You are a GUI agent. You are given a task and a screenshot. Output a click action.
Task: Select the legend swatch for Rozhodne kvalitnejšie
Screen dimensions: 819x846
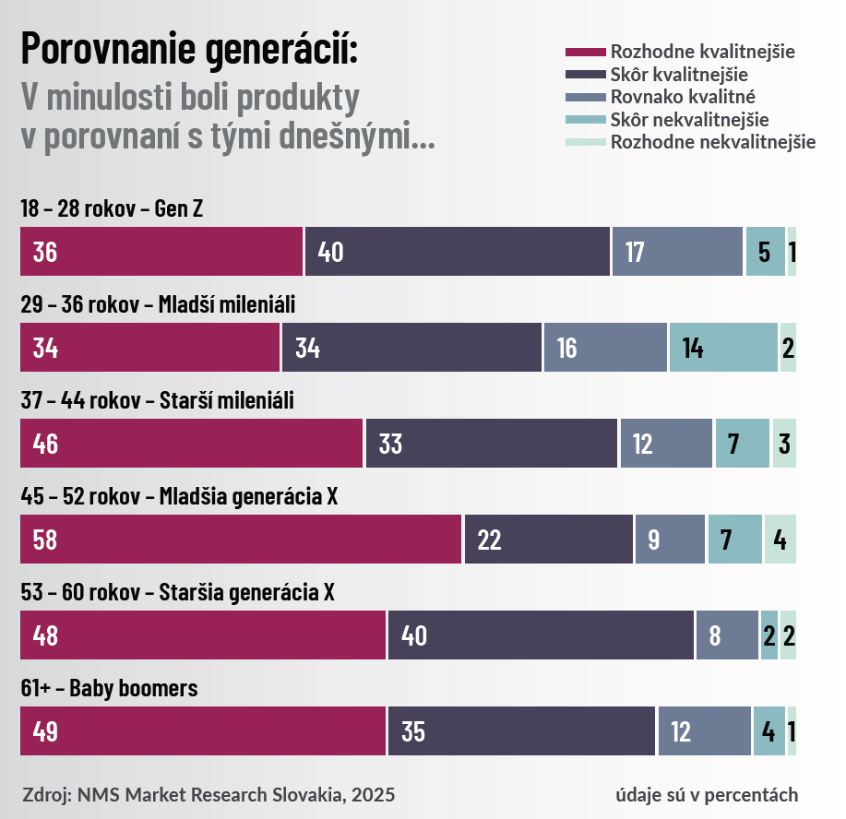click(x=584, y=52)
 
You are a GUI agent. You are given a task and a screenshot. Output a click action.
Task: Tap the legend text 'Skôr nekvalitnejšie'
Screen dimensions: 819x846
click(x=689, y=119)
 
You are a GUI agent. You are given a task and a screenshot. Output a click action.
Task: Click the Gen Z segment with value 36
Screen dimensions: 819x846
click(x=161, y=252)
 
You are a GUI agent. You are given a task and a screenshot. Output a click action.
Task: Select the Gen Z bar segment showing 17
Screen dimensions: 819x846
click(x=677, y=252)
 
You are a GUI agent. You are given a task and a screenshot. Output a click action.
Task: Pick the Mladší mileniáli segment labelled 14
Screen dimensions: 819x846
click(x=723, y=348)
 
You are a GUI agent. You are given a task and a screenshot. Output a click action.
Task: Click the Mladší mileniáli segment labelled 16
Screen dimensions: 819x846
click(x=605, y=348)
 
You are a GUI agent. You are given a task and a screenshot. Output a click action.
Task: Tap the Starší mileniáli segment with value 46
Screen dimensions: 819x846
click(x=192, y=444)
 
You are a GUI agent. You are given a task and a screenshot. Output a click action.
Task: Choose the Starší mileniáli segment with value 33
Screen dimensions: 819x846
click(x=492, y=444)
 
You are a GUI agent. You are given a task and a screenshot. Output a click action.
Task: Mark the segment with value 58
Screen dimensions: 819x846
click(x=241, y=540)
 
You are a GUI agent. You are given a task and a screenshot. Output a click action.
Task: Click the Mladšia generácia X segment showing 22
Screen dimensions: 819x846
click(x=549, y=540)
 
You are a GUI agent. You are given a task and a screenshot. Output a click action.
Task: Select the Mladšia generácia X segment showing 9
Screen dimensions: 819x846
click(x=670, y=540)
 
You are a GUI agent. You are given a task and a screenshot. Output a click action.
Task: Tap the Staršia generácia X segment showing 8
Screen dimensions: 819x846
click(x=727, y=635)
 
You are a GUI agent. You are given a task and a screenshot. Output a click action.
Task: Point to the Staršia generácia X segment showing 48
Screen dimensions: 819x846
click(x=203, y=635)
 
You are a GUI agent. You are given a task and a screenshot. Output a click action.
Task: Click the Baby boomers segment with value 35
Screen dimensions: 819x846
click(x=521, y=731)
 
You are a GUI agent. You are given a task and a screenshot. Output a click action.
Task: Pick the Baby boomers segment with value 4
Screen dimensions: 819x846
click(x=769, y=731)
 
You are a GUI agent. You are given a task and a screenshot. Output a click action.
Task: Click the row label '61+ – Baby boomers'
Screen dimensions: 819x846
click(x=109, y=688)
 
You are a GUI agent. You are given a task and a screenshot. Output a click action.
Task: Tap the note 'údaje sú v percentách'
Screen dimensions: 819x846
click(x=707, y=794)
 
